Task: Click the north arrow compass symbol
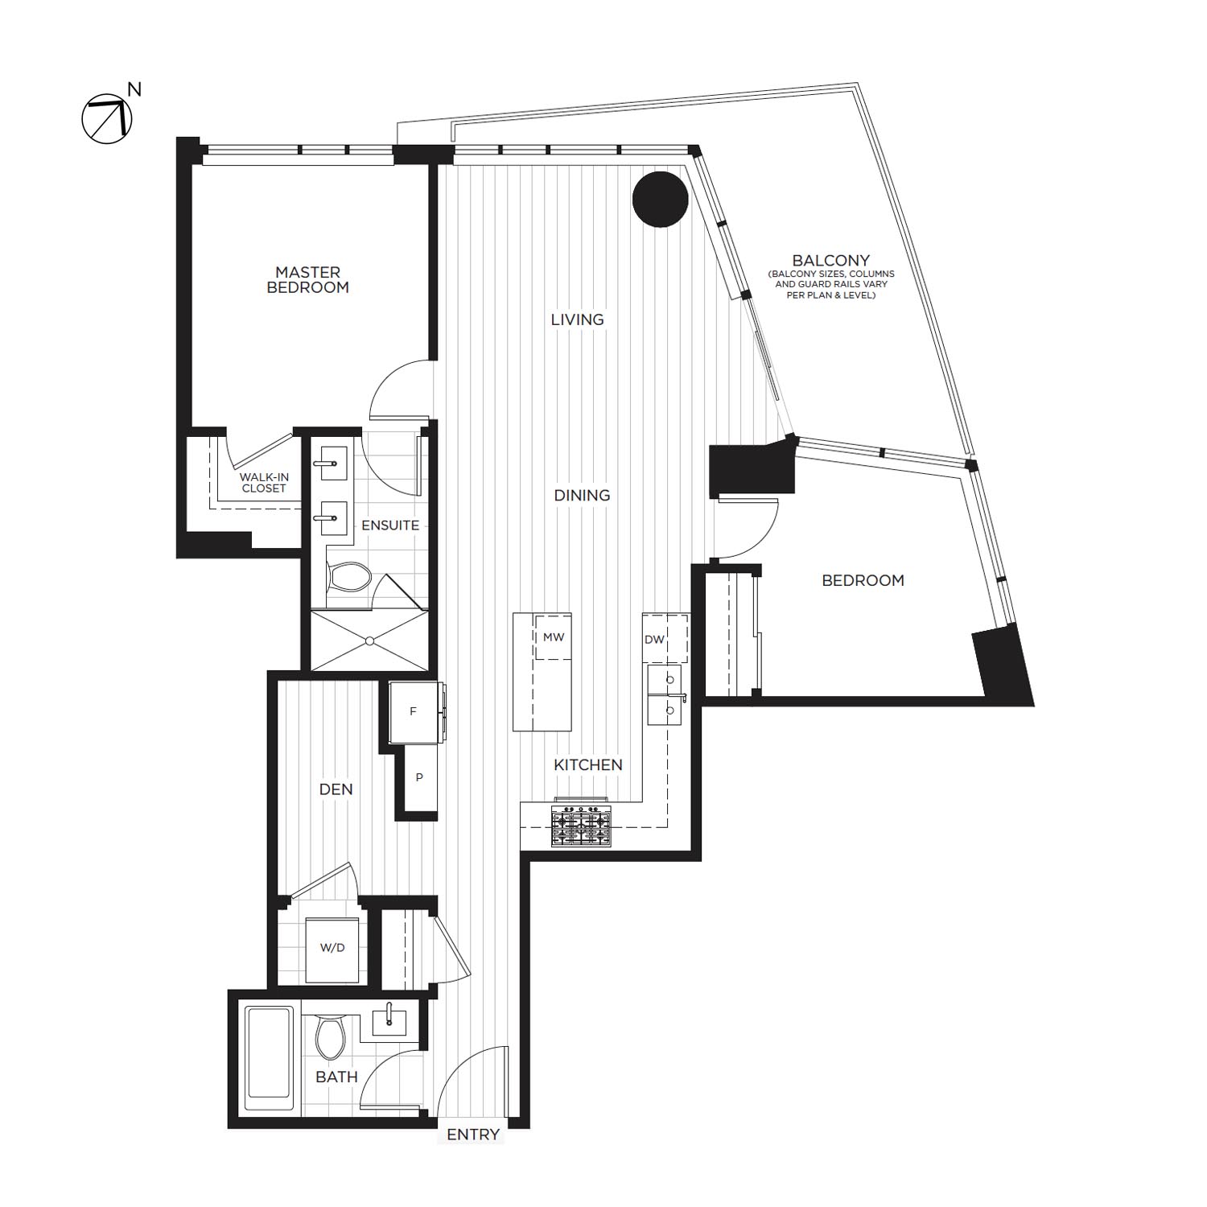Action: coord(106,119)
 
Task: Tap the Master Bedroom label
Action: coord(307,280)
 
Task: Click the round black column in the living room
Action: coord(660,200)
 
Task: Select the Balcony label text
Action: coord(830,261)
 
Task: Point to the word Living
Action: coord(577,320)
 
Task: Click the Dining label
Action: coord(582,496)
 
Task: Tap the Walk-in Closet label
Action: coord(264,483)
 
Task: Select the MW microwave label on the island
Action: coord(554,637)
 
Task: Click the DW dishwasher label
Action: coord(654,640)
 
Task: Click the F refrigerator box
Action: coord(413,712)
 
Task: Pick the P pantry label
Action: coord(419,778)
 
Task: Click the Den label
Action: coord(336,789)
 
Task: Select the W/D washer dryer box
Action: coord(332,948)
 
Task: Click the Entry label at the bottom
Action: coord(473,1135)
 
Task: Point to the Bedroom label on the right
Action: coord(863,580)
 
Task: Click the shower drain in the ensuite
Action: coord(369,641)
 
